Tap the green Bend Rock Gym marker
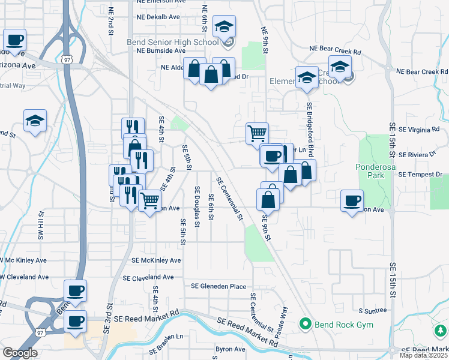click(306, 325)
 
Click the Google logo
click(20, 352)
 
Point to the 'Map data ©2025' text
click(424, 355)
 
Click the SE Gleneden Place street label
click(218, 287)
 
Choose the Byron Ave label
click(231, 349)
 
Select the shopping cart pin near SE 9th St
click(257, 133)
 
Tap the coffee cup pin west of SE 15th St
click(352, 200)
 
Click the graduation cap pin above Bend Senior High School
click(224, 26)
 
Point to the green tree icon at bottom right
click(440, 331)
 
